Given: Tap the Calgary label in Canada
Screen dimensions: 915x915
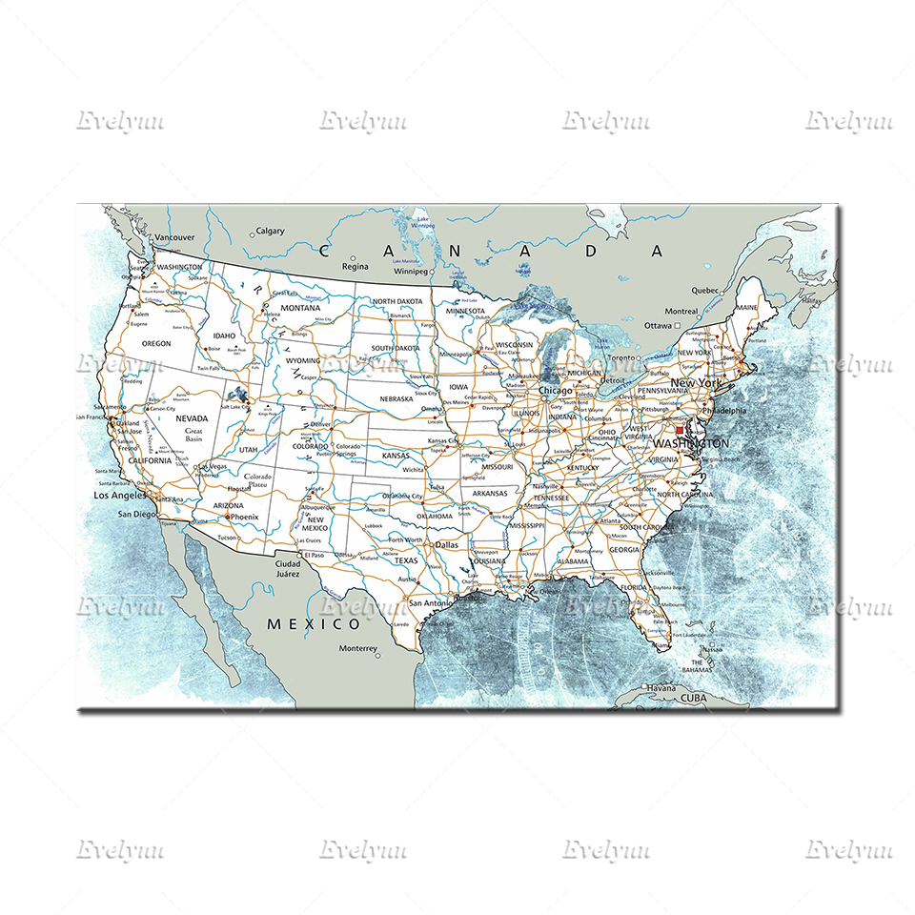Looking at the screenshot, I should pos(270,231).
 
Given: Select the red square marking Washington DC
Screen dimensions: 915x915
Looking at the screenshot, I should pos(680,431).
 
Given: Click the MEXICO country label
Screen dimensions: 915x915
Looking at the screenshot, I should pos(314,624).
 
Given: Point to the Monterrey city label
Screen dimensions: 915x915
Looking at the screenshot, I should pos(358,649).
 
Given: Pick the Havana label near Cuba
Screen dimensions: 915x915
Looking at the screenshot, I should pos(661,687).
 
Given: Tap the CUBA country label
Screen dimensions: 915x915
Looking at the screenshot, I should pos(695,698).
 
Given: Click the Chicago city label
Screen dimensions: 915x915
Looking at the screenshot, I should pos(555,391).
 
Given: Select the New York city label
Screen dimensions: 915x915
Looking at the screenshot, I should pos(697,383).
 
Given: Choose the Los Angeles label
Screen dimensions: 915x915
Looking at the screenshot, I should pos(118,496).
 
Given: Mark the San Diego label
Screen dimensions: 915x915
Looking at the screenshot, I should pos(135,515).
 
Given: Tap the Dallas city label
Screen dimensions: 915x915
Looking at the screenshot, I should pos(446,545).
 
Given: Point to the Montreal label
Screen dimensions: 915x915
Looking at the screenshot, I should pos(681,312).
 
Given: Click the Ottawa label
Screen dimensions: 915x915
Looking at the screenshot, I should pos(658,325).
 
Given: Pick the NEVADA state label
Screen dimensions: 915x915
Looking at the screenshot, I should pos(193,418).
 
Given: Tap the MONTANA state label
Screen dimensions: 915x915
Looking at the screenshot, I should pos(300,308).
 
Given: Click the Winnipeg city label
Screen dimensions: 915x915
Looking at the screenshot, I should pos(412,271).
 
